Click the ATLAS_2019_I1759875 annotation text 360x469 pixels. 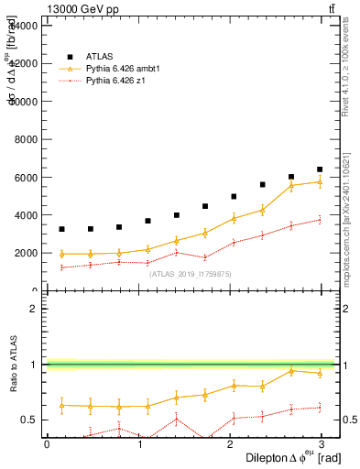pyautogui.click(x=191, y=273)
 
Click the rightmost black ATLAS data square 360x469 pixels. pyautogui.click(x=320, y=169)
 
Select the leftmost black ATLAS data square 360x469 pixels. pyautogui.click(x=61, y=229)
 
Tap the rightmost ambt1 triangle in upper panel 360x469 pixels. pyautogui.click(x=320, y=181)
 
